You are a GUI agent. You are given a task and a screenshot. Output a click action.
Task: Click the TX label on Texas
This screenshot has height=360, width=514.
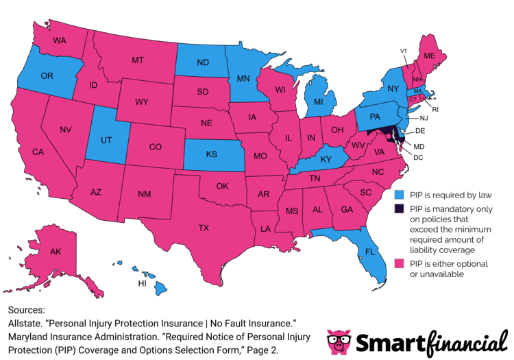(204, 227)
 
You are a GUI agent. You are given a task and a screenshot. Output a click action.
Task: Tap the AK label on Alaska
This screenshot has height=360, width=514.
(56, 252)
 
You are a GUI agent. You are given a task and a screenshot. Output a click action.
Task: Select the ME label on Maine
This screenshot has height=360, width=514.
(430, 56)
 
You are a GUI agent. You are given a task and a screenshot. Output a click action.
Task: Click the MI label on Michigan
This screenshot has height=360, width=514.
(319, 102)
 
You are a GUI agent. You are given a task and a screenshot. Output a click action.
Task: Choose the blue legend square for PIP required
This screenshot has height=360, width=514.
(399, 193)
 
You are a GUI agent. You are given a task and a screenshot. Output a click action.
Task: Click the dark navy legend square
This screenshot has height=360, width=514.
(399, 208)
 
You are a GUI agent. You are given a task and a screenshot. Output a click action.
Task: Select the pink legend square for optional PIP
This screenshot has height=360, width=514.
(399, 263)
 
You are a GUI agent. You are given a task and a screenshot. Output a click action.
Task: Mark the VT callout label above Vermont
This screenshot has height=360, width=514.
(404, 51)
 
